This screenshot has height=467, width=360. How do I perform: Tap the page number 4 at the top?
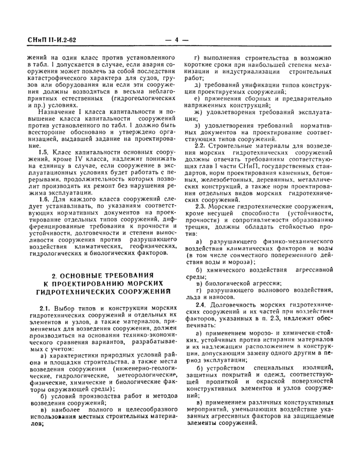coord(176,39)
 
